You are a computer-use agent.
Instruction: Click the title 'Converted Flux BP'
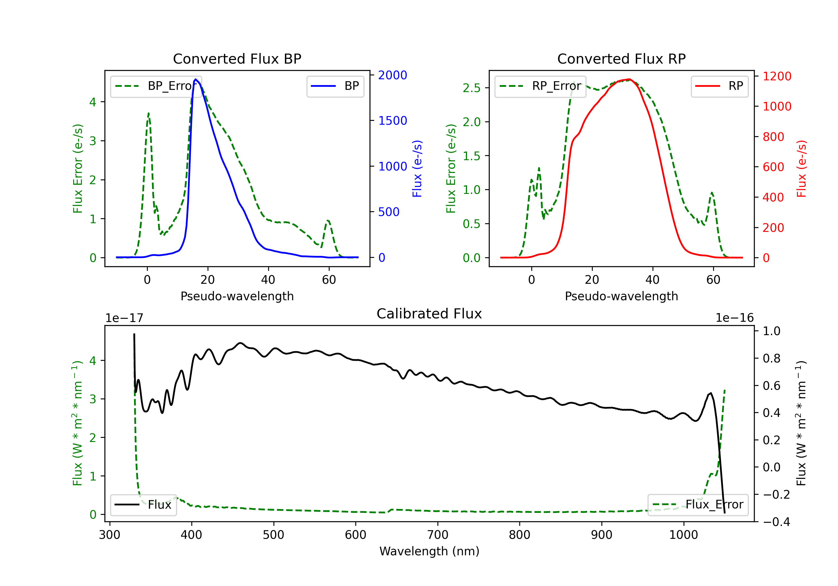[x=237, y=59]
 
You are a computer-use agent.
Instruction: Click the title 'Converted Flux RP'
[x=621, y=59]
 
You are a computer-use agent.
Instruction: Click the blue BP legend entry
[x=335, y=86]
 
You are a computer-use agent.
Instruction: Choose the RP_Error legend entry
[x=540, y=86]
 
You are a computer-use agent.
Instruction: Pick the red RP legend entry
[x=719, y=86]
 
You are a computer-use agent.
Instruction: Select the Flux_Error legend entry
[x=697, y=505]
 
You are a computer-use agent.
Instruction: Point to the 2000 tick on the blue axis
[x=392, y=75]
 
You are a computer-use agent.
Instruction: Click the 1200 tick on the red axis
[x=777, y=76]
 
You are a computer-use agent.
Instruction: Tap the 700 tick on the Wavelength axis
[x=438, y=535]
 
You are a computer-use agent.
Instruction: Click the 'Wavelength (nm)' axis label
[x=429, y=551]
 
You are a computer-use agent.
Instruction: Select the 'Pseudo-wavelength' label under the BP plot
[x=237, y=296]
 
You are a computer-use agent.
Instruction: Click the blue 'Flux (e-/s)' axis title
[x=417, y=169]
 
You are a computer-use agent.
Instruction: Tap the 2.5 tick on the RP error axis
[x=472, y=88]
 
